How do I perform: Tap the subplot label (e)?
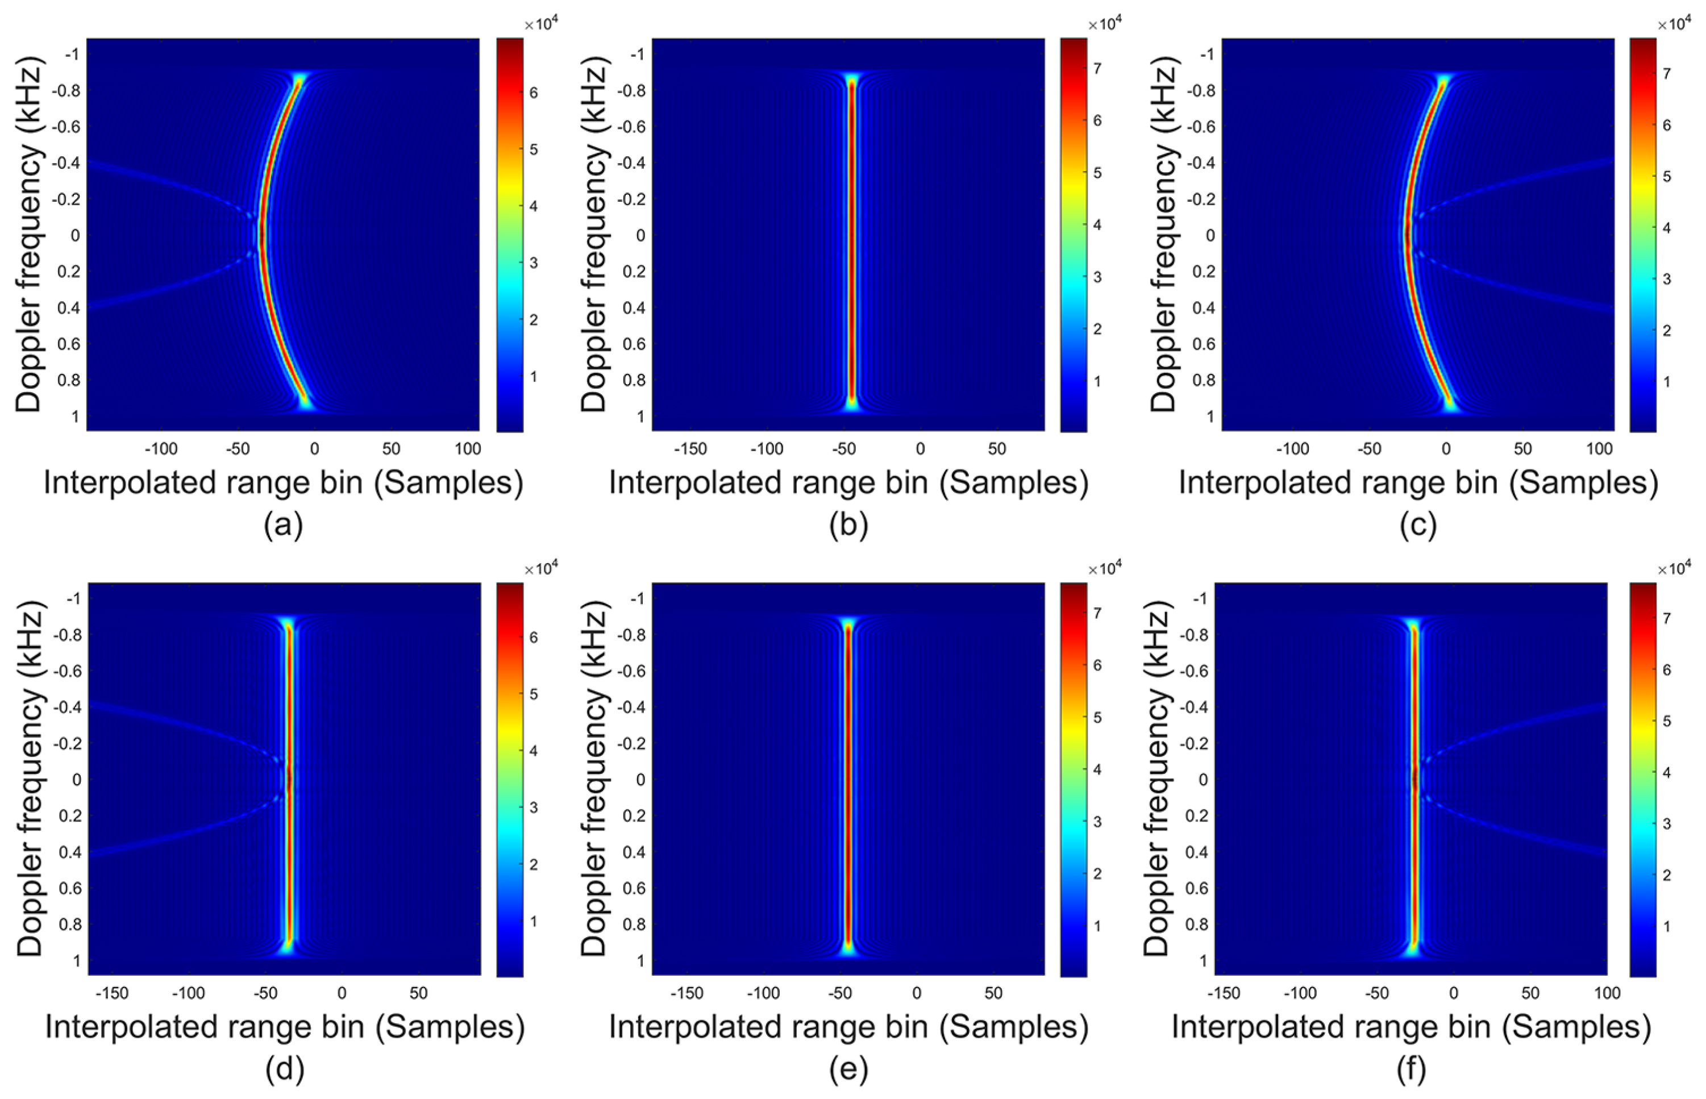point(848,1070)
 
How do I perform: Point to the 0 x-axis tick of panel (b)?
point(921,449)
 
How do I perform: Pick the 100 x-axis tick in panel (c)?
point(1599,449)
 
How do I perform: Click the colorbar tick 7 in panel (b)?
point(1097,69)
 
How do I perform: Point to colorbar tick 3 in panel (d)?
point(533,807)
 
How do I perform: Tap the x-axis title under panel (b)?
point(848,483)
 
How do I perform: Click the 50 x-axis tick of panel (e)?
point(993,993)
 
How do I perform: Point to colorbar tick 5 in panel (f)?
point(1667,721)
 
